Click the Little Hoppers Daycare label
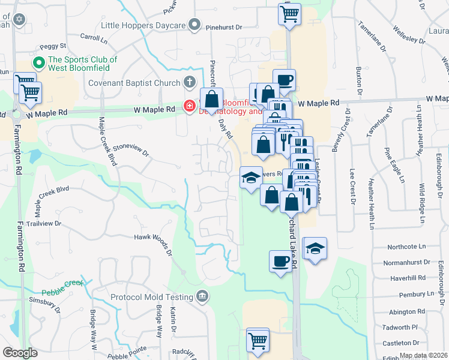143,25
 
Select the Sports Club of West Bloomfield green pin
39,62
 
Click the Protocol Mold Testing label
152,296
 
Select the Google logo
20,353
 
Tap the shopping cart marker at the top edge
289,13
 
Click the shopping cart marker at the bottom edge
258,340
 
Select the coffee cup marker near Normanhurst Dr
280,261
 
